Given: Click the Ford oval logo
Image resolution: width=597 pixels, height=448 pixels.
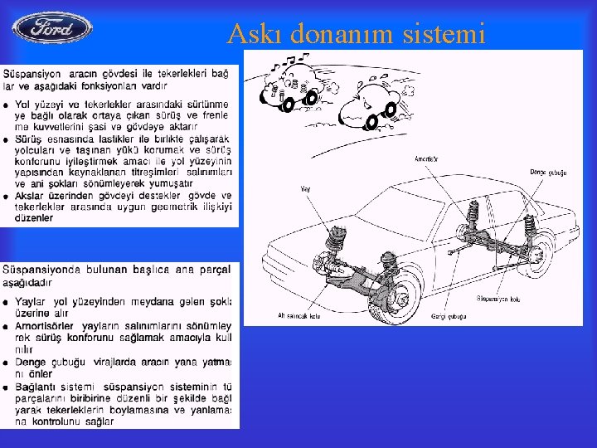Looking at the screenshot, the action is tap(52, 27).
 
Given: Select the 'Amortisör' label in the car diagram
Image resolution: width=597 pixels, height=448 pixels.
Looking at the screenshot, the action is tap(426, 158).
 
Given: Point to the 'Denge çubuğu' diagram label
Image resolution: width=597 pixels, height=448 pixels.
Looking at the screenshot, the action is tap(548, 172).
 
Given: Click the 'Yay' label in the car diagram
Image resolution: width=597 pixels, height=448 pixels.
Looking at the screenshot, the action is tap(304, 190).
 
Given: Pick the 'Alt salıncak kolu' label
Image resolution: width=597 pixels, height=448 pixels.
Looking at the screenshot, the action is tap(298, 315).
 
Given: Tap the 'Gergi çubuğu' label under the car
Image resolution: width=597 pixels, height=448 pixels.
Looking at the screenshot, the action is tap(445, 316).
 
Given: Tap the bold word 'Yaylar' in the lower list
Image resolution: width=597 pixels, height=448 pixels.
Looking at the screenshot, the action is tap(32, 302).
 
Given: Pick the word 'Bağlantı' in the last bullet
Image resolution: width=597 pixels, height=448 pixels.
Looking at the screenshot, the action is tap(37, 387).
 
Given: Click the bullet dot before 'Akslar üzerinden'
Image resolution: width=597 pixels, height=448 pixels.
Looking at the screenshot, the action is tap(7, 195).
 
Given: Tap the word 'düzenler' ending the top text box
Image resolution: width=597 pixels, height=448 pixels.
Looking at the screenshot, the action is tap(35, 217).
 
